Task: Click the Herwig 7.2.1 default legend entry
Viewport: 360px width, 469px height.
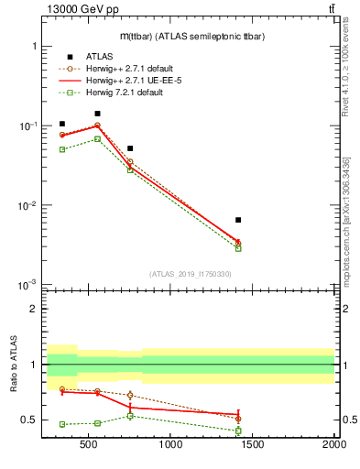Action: tap(125, 93)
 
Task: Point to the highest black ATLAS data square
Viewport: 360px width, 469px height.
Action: tap(97, 114)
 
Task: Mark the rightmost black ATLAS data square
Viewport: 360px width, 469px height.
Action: tap(238, 220)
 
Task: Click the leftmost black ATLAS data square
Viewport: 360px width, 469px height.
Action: tap(62, 124)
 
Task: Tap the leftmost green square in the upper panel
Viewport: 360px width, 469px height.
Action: tap(62, 149)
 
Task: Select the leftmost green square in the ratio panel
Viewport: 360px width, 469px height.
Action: tap(62, 424)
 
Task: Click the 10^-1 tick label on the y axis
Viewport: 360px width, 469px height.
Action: tap(28, 125)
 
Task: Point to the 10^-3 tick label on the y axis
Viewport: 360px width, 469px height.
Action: tap(28, 286)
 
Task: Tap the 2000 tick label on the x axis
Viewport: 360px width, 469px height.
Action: tap(333, 446)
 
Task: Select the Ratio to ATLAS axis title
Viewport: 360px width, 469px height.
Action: tap(14, 365)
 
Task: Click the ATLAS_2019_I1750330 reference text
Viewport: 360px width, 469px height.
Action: tap(190, 274)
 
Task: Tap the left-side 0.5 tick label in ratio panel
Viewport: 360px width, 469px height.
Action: tap(30, 420)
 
